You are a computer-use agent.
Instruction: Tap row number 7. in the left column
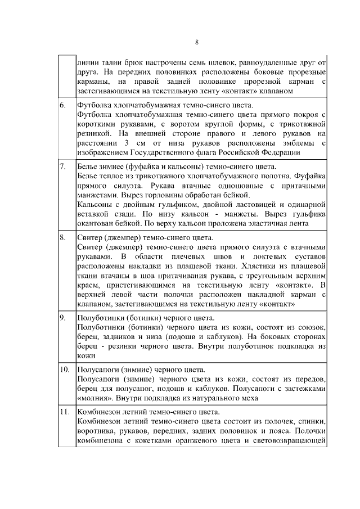pyautogui.click(x=63, y=167)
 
